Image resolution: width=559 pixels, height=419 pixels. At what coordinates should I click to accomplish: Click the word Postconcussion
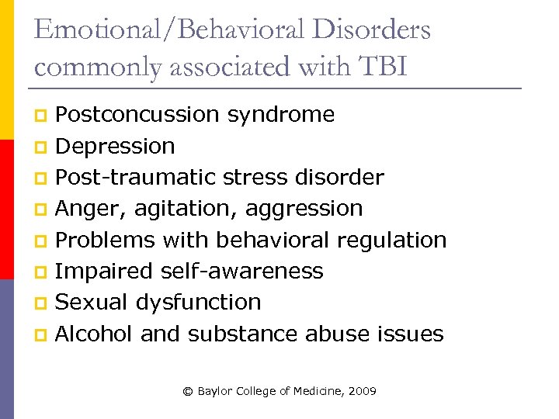click(x=138, y=115)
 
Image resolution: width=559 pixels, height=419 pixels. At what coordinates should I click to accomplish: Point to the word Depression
click(x=116, y=146)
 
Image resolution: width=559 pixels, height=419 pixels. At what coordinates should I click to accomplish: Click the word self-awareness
click(x=241, y=272)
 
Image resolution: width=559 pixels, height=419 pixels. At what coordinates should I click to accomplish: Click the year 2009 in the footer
click(x=362, y=392)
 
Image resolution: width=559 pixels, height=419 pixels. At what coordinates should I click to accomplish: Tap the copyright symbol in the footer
click(x=187, y=392)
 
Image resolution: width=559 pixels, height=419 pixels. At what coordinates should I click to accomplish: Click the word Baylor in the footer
click(x=214, y=392)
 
